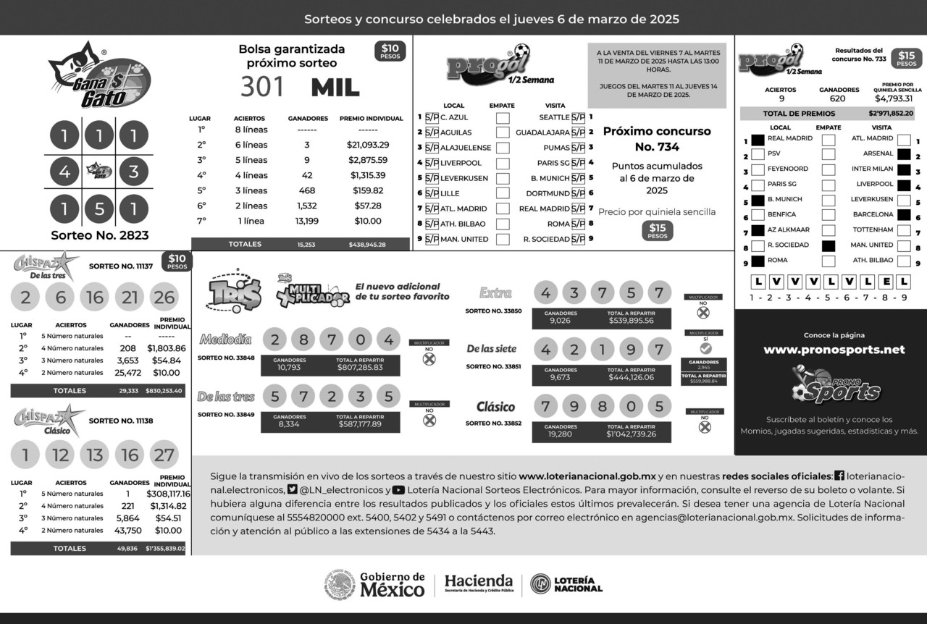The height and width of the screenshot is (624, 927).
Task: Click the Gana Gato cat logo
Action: [x=99, y=75]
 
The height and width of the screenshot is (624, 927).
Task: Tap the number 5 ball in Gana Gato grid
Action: [x=99, y=210]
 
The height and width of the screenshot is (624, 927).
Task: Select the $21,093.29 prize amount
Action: [x=367, y=145]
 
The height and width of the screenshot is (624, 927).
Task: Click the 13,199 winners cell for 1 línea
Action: [x=307, y=221]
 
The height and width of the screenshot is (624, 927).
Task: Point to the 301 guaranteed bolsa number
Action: [x=263, y=87]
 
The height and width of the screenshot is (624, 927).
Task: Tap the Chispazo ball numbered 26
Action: [x=164, y=297]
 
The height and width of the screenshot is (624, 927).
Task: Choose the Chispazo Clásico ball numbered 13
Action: [x=94, y=455]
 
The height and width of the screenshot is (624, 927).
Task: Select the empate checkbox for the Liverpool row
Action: [x=503, y=163]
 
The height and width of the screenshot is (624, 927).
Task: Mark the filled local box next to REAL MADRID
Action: [x=758, y=139]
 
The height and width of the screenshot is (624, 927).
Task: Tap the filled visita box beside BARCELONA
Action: [x=904, y=214]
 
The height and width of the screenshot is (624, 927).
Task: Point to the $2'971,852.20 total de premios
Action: [x=891, y=114]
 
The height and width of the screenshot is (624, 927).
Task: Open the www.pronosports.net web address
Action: [x=834, y=350]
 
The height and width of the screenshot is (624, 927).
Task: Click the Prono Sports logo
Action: [x=835, y=385]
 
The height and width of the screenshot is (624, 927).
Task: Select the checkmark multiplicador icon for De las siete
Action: [x=705, y=348]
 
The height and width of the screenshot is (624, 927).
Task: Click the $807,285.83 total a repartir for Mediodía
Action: [x=360, y=368]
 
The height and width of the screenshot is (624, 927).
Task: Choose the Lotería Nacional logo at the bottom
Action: [x=566, y=584]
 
